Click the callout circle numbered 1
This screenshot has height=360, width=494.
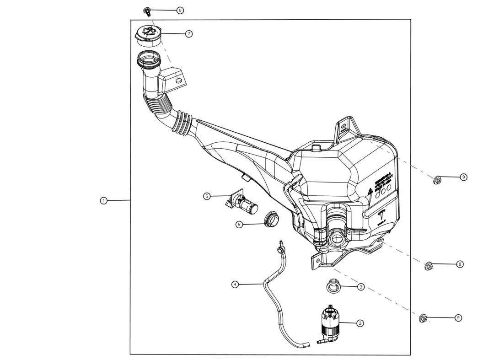104,200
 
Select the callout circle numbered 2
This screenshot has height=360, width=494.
360,323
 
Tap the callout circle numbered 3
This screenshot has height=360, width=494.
361,287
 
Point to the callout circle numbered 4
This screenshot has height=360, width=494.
235,284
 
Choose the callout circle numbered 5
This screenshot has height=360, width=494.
207,196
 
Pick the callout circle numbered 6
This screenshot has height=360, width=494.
239,224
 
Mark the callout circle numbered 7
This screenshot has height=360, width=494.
189,34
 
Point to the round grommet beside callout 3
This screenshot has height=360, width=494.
332,286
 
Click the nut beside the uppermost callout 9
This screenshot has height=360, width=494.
437,180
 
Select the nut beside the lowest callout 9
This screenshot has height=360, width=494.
423,318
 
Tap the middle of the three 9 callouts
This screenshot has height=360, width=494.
460,264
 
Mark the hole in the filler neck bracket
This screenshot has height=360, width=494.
178,80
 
